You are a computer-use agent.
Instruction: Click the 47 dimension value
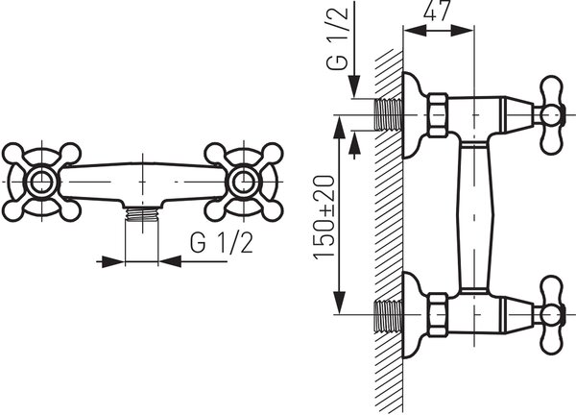point(437,11)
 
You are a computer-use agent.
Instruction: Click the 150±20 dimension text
point(324,217)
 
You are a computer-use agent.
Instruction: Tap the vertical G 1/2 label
point(337,37)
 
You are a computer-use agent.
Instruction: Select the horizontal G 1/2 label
point(222,243)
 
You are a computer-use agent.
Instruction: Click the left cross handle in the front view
point(41,182)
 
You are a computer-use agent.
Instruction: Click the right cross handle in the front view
point(244,182)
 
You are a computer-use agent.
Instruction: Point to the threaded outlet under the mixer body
point(142,213)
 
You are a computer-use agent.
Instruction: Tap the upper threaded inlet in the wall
point(389,114)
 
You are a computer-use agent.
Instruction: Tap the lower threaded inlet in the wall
point(389,315)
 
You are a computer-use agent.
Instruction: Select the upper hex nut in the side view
point(437,115)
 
